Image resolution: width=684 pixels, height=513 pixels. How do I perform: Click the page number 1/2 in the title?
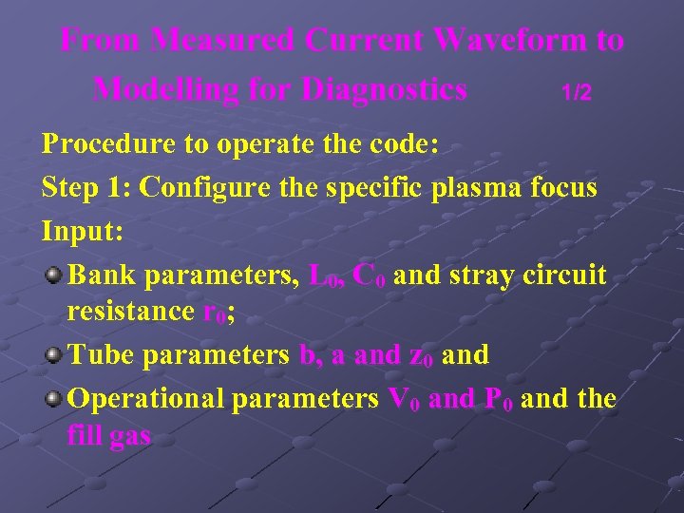(576, 92)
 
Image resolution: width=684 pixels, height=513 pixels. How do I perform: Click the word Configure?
(202, 187)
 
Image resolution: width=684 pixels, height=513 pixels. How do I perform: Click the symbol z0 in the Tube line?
(421, 356)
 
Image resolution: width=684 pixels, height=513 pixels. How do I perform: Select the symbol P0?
(498, 400)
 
